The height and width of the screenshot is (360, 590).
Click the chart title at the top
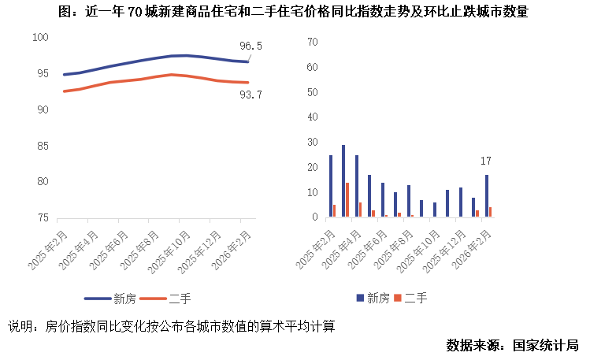295,12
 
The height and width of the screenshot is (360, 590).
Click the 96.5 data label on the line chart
250,46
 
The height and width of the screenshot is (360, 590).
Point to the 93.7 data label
250,95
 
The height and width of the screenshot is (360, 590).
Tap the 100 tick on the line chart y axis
41,38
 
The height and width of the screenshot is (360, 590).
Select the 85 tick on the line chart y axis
43,146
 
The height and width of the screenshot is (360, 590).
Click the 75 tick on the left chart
43,217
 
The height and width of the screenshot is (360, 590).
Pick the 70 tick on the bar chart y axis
313,42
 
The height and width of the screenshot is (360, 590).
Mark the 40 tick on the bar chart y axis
313,117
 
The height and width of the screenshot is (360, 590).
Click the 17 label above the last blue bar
488,161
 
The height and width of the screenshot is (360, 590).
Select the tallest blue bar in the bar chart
343,181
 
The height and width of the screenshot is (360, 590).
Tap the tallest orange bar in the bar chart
347,200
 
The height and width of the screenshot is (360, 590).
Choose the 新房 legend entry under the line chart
111,299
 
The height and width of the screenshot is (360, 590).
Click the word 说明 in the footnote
20,326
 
